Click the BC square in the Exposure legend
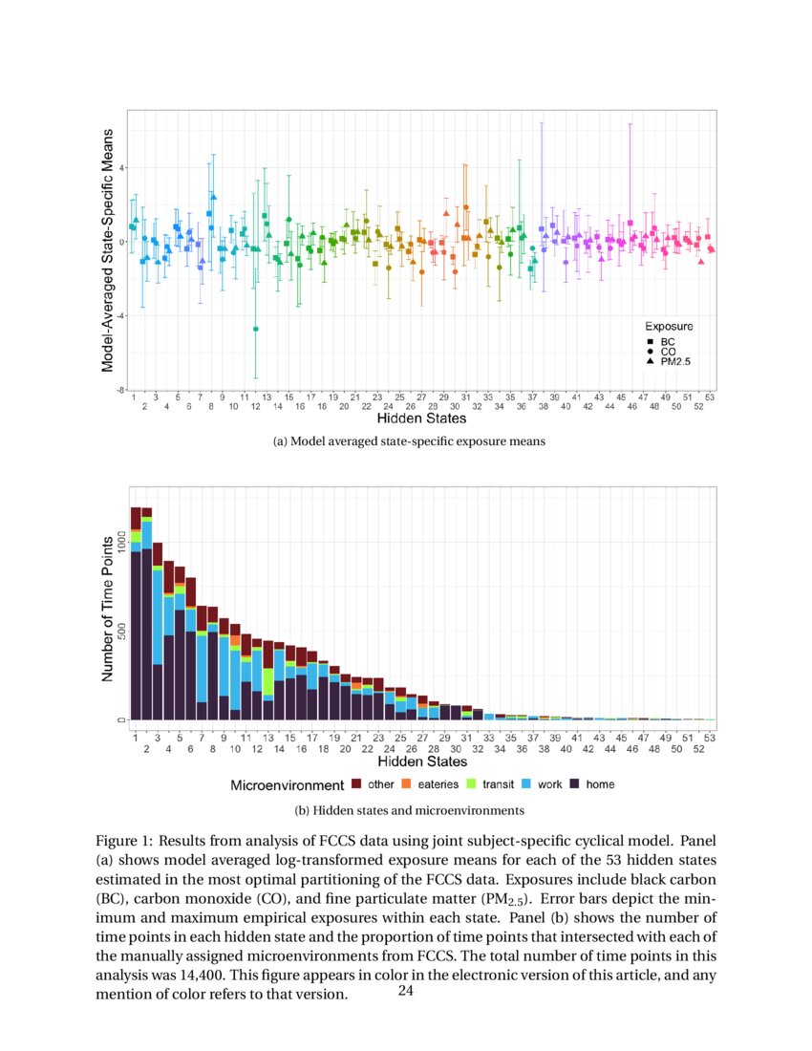point(650,341)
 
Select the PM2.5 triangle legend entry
point(650,362)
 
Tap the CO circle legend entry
point(650,352)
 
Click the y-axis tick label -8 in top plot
point(121,390)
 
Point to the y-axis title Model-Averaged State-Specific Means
point(108,250)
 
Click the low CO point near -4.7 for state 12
point(255,329)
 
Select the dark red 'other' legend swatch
point(356,784)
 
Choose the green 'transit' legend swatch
point(471,784)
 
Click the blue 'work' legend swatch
point(526,784)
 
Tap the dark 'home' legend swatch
point(575,784)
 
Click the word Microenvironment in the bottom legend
point(287,785)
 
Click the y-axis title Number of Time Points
point(108,608)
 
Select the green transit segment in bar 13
point(268,681)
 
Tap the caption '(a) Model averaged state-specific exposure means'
point(409,441)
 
